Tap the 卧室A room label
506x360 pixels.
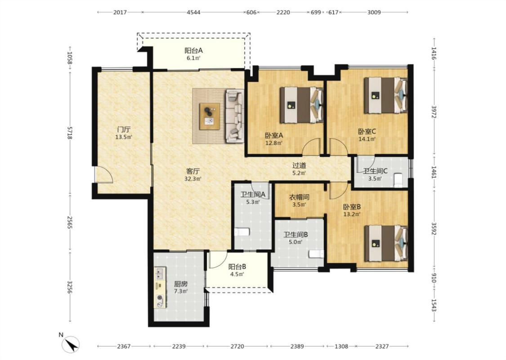click(274, 135)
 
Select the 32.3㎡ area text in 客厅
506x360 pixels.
click(193, 179)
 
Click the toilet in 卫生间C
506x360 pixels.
click(398, 180)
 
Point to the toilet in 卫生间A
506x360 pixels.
click(242, 232)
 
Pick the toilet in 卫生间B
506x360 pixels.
click(316, 254)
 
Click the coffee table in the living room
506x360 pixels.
click(210, 117)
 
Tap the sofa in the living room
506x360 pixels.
click(235, 116)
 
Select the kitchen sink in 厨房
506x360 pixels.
click(159, 274)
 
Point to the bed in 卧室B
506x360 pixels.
click(386, 243)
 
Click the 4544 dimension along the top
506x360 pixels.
click(193, 12)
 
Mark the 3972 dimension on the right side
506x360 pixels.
click(434, 112)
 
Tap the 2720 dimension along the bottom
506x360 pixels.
click(237, 346)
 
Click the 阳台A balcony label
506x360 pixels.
click(193, 51)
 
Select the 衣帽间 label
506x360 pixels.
click(299, 197)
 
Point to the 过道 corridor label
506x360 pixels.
click(299, 166)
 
